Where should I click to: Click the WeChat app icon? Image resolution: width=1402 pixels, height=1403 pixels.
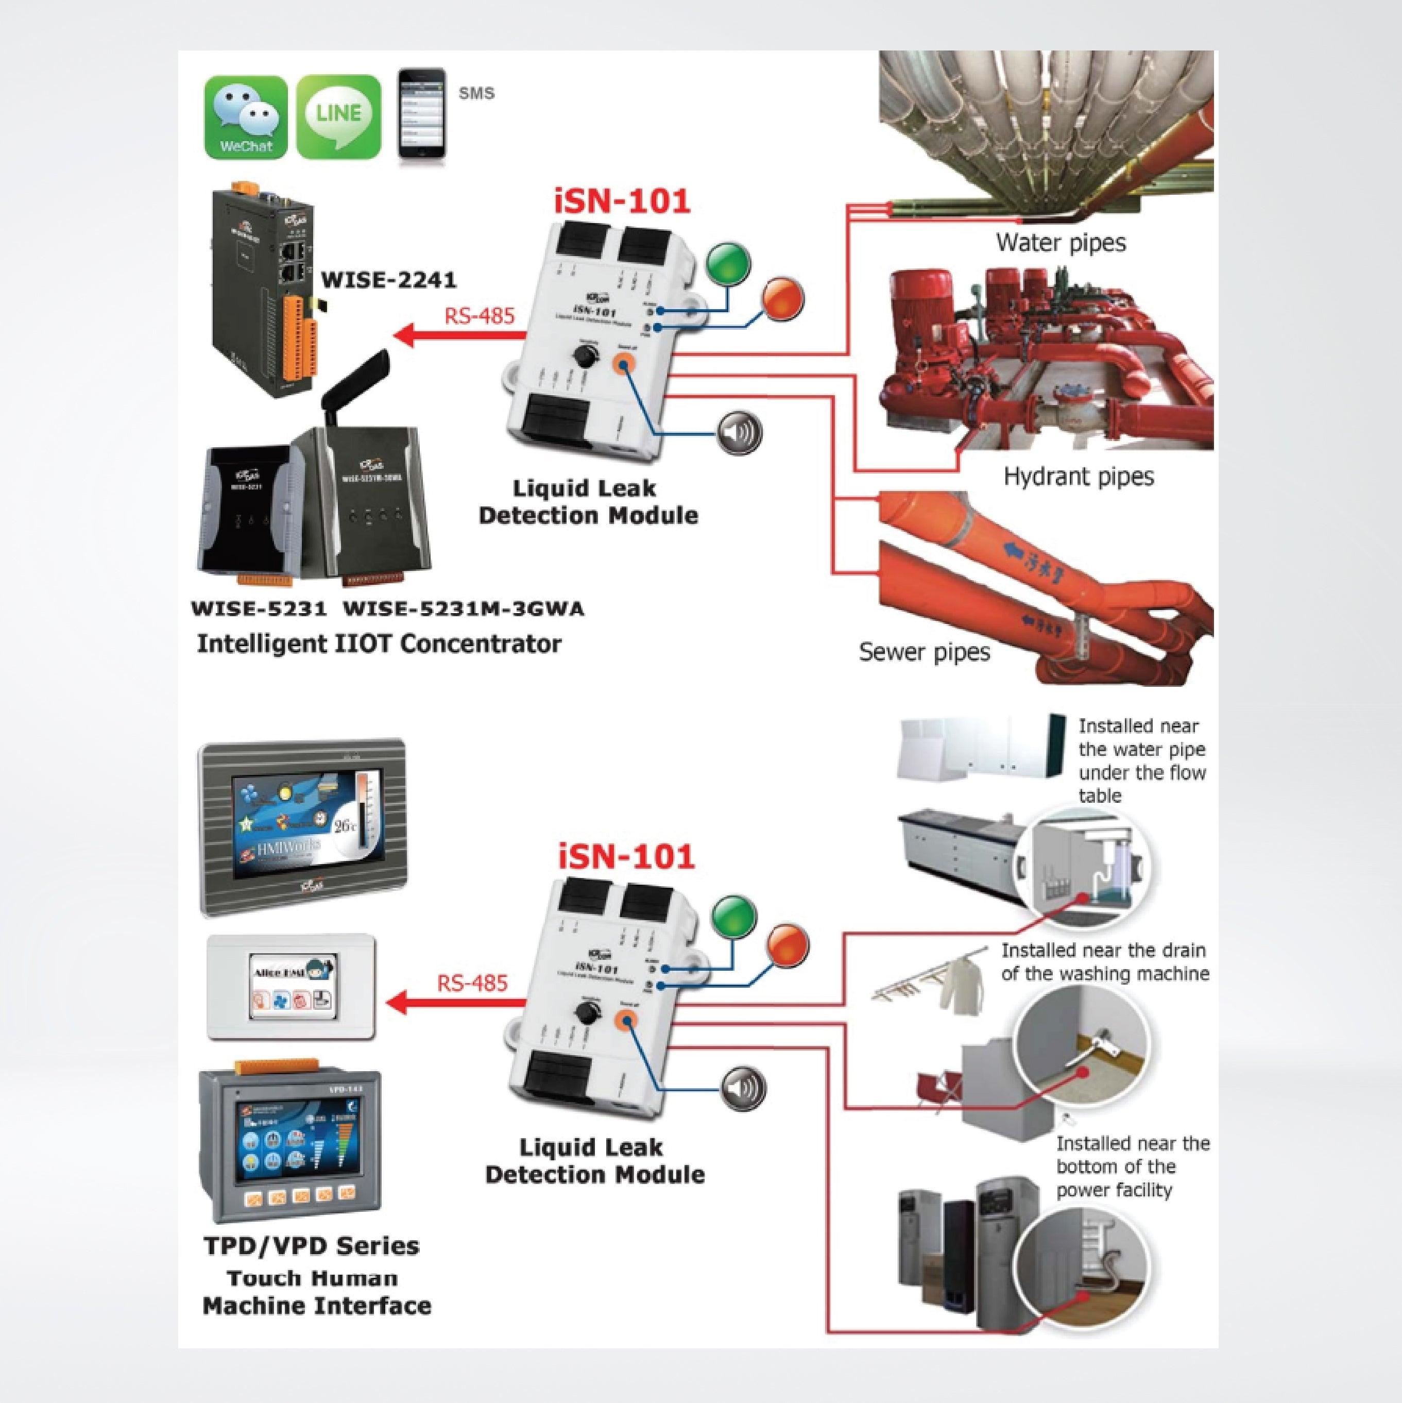245,117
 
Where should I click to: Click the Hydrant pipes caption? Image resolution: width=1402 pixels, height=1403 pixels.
1078,477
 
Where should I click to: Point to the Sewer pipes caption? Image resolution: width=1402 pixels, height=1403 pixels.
924,651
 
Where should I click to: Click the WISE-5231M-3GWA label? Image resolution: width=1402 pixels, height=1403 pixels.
463,608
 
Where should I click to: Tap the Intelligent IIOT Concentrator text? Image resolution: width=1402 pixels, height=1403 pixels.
379,644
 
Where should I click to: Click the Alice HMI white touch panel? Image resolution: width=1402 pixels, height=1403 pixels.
291,988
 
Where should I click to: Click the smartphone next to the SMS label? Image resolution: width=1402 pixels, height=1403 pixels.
421,113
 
